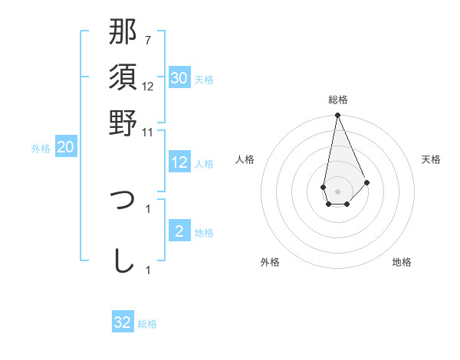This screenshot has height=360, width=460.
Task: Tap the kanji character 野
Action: tap(123, 123)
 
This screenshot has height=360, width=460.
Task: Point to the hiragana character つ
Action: tap(123, 201)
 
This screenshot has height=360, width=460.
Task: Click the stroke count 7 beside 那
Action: tap(148, 40)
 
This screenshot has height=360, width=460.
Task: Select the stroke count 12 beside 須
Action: tap(148, 86)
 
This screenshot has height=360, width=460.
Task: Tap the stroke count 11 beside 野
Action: tap(148, 132)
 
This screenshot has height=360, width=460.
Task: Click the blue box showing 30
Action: tap(179, 78)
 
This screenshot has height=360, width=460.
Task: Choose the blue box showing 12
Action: tap(179, 162)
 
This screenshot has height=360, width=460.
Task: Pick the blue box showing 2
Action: tap(179, 231)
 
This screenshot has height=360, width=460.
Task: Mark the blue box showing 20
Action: tap(65, 148)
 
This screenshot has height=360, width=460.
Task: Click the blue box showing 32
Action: tap(123, 322)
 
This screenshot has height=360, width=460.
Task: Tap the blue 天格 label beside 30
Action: tap(204, 80)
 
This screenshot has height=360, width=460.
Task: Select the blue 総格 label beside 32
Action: tap(147, 324)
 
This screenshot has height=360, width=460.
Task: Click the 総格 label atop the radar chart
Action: tap(337, 100)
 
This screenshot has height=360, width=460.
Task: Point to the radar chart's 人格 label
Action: tap(245, 159)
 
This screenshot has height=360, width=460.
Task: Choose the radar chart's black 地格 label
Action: tap(402, 263)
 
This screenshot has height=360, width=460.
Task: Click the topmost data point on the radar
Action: tap(337, 116)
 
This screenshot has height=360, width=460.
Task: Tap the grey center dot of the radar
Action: tap(337, 189)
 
